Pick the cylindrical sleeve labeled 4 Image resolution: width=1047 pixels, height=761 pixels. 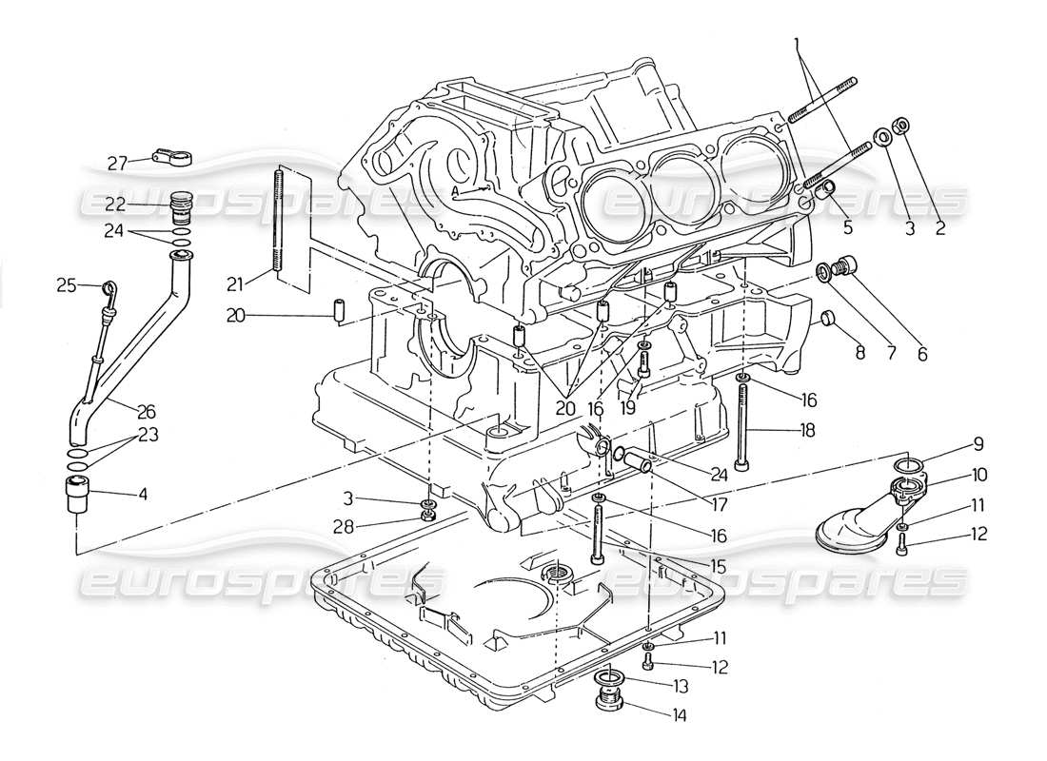pyautogui.click(x=75, y=496)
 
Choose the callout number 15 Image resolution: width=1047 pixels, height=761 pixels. pyautogui.click(x=718, y=566)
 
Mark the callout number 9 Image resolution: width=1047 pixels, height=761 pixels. pyautogui.click(x=977, y=443)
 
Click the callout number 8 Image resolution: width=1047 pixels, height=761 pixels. pyautogui.click(x=860, y=352)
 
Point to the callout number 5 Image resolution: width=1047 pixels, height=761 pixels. pyautogui.click(x=848, y=228)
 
